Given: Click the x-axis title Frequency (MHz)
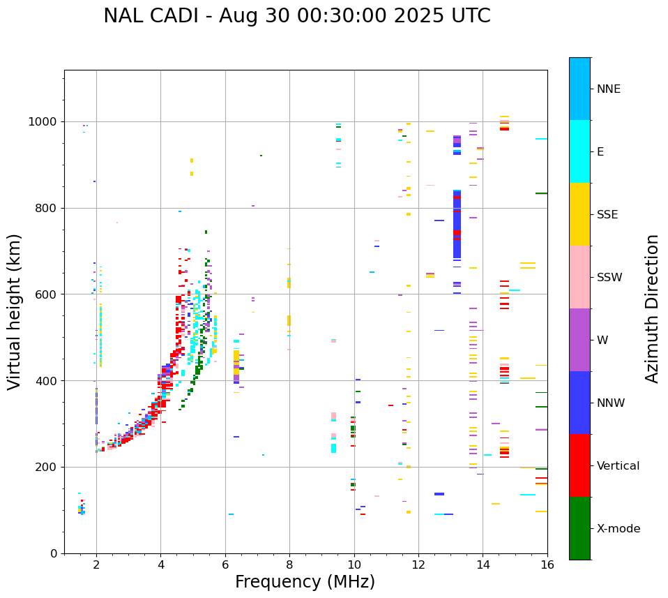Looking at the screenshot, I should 305,582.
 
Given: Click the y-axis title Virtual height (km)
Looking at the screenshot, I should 15,312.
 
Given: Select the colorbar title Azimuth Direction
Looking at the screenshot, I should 652,308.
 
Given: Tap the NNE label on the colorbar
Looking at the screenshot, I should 608,89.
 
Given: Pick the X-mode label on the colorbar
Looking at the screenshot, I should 618,529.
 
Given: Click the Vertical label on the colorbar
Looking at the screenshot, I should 618,466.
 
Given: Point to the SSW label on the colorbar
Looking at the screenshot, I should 609,278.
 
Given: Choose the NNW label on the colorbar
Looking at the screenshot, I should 611,403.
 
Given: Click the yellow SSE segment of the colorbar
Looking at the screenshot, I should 579,214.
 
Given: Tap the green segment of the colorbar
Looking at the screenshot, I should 579,528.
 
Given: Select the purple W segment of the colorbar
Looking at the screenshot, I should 579,340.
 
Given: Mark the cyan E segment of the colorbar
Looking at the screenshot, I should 579,151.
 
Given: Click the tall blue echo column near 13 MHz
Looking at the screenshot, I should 457,223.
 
